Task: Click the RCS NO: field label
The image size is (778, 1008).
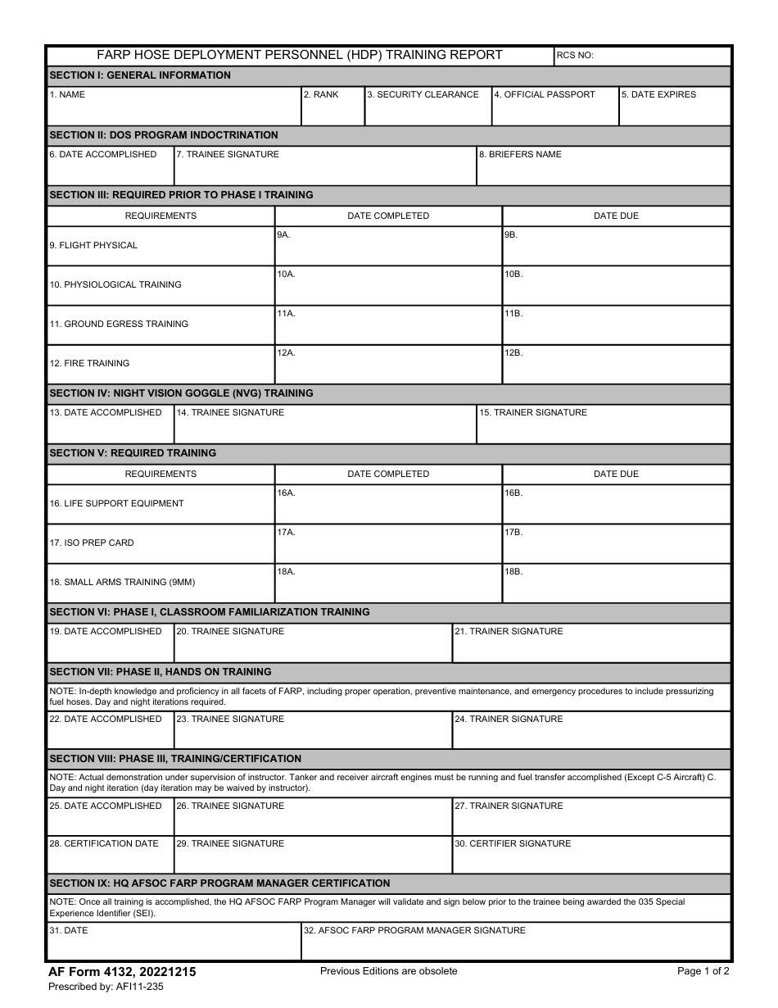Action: point(575,56)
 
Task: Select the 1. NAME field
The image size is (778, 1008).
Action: point(174,107)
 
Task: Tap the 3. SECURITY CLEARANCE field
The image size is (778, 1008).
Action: point(427,107)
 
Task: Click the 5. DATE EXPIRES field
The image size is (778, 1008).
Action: point(674,107)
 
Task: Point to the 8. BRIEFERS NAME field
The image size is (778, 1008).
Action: point(603,167)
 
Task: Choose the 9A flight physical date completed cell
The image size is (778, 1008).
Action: point(387,247)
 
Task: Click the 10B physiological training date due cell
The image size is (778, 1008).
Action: point(616,286)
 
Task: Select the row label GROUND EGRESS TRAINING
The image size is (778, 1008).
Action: point(119,325)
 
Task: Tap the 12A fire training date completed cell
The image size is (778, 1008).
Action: point(387,365)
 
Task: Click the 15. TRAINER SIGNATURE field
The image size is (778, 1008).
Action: point(603,425)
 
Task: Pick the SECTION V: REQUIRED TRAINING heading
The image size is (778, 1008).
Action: point(133,453)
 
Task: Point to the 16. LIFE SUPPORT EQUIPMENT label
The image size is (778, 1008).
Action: point(117,504)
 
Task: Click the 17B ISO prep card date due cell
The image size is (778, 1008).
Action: point(616,544)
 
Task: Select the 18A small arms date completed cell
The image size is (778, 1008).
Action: point(387,583)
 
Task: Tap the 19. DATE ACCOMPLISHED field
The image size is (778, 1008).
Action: point(110,644)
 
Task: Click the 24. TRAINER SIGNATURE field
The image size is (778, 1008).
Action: point(590,731)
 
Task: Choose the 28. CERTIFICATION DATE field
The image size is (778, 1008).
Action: point(110,856)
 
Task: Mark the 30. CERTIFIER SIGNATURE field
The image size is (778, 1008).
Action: point(590,856)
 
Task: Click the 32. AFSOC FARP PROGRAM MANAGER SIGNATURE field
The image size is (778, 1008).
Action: point(515,943)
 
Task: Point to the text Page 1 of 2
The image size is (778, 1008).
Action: point(703,971)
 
